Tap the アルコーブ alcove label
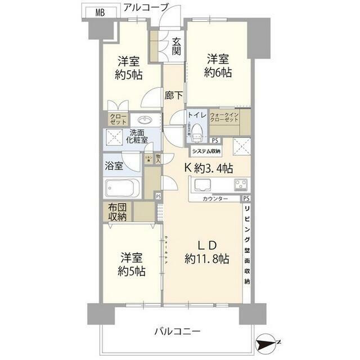(x=145, y=7)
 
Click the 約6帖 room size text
(x=219, y=72)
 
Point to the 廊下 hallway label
(x=173, y=96)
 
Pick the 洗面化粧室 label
(x=136, y=137)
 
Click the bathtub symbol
(x=122, y=187)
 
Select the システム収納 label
(x=206, y=151)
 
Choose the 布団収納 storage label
(x=118, y=211)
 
